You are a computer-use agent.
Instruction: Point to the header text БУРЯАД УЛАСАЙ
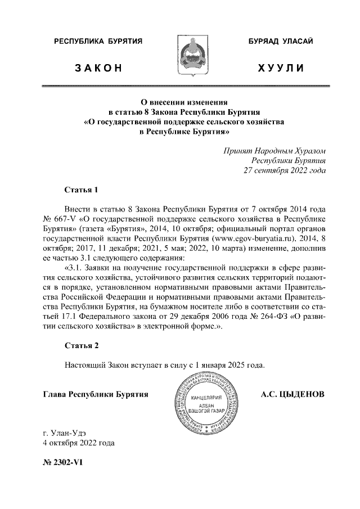[x=281, y=42]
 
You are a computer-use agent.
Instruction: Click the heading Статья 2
[x=82, y=345]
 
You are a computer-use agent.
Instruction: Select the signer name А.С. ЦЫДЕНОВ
[x=292, y=395]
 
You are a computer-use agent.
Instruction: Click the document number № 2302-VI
[x=62, y=466]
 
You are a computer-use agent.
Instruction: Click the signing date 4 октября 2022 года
[x=79, y=443]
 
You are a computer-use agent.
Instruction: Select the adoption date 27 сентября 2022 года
[x=283, y=170]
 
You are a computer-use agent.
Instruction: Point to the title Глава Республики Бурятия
[x=96, y=395]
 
